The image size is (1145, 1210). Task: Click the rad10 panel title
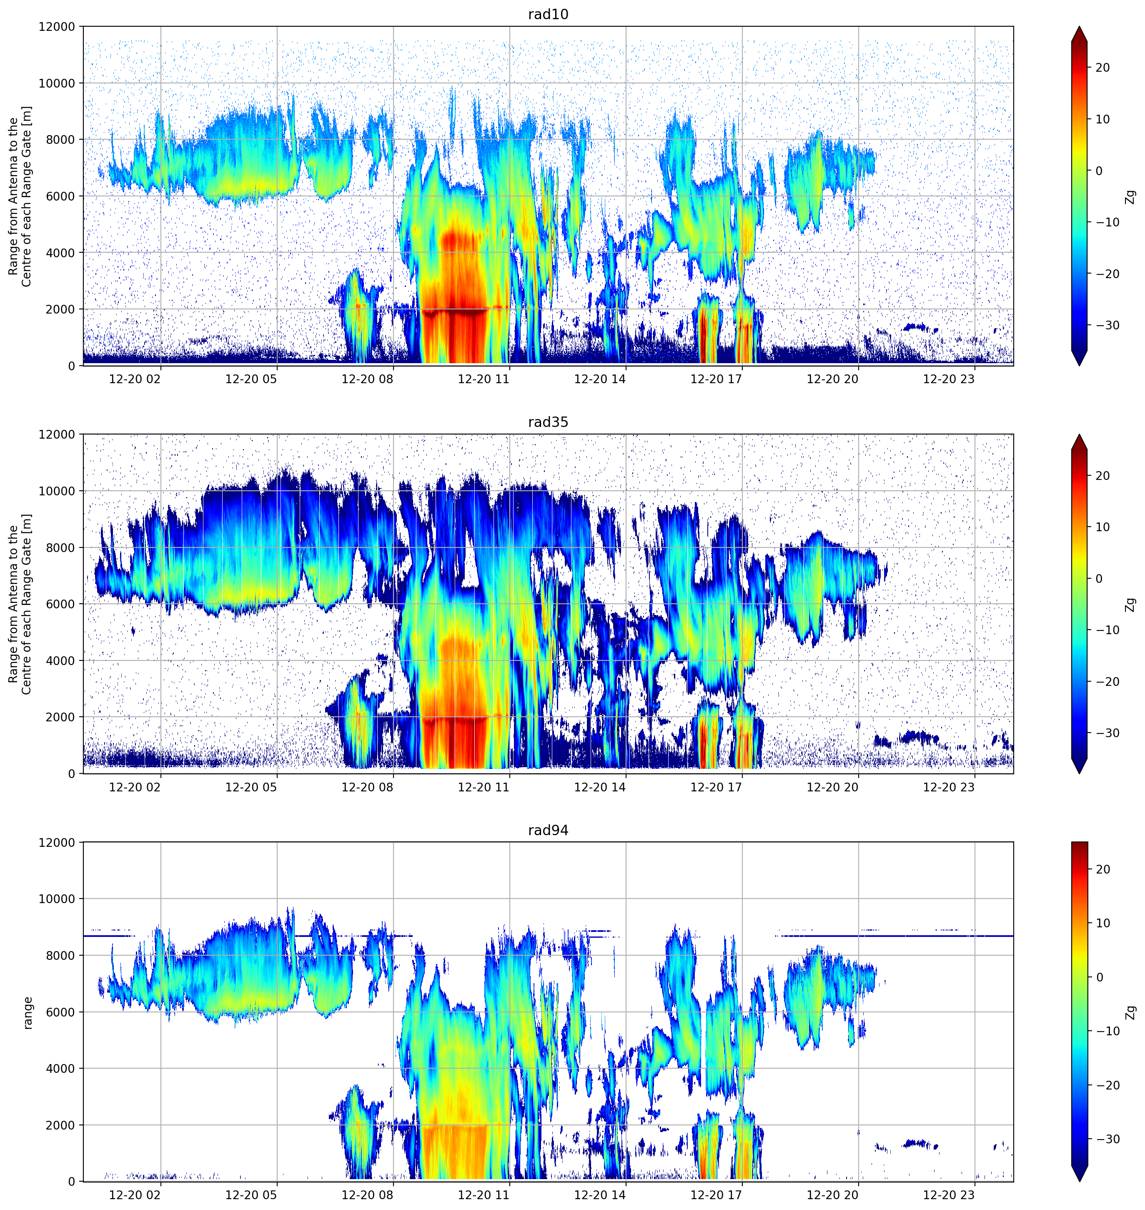(x=548, y=15)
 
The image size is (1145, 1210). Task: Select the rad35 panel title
(x=548, y=422)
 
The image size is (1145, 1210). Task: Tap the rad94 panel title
(x=548, y=830)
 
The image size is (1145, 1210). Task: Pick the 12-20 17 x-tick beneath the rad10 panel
(x=716, y=379)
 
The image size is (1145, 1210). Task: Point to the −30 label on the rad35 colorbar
(x=1106, y=733)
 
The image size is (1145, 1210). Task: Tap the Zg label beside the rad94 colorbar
(x=1131, y=1012)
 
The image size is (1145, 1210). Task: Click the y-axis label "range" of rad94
(x=28, y=1013)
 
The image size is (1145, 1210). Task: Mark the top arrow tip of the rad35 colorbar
(x=1079, y=434)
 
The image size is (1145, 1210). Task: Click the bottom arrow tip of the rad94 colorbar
(x=1079, y=1181)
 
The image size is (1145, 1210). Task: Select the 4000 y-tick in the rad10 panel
(x=60, y=253)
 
